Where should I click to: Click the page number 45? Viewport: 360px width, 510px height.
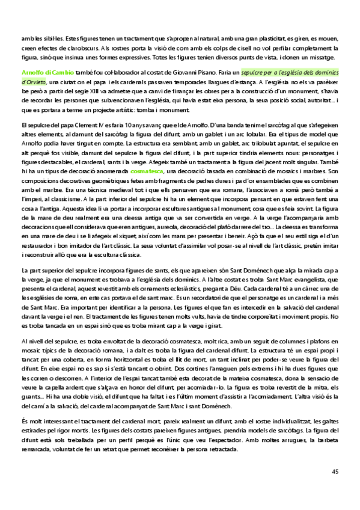tap(335, 472)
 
